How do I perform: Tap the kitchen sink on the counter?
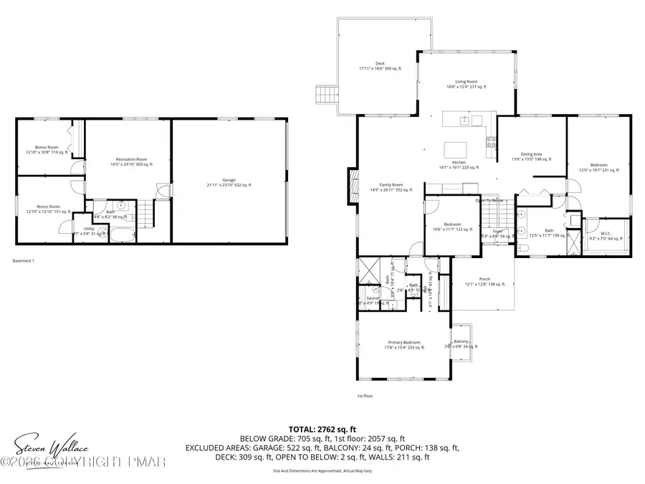coord(464,120)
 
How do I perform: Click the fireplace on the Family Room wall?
coord(352,186)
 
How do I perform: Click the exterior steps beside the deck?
coord(326,95)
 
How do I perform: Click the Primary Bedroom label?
coord(401,344)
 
